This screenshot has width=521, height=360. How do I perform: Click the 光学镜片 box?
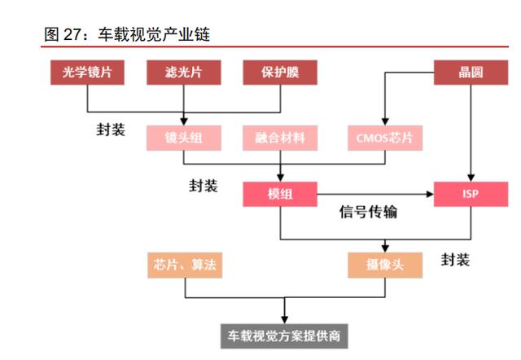(x=87, y=72)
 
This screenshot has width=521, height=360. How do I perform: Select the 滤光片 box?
(x=184, y=72)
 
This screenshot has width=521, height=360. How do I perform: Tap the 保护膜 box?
(x=281, y=72)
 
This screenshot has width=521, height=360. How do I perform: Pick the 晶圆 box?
(x=470, y=72)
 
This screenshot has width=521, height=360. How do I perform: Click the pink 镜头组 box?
(x=184, y=138)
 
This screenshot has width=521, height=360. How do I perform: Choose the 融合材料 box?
(x=279, y=138)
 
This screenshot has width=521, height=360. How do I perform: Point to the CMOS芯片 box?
(x=384, y=138)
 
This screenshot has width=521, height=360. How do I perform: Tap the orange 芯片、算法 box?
(x=184, y=264)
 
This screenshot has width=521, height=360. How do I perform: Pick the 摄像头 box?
(x=384, y=264)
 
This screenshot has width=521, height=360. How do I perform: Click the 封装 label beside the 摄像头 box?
(x=455, y=260)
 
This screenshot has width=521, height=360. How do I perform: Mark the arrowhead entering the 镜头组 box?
(x=184, y=121)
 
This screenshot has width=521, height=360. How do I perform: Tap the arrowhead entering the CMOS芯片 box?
(x=384, y=121)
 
